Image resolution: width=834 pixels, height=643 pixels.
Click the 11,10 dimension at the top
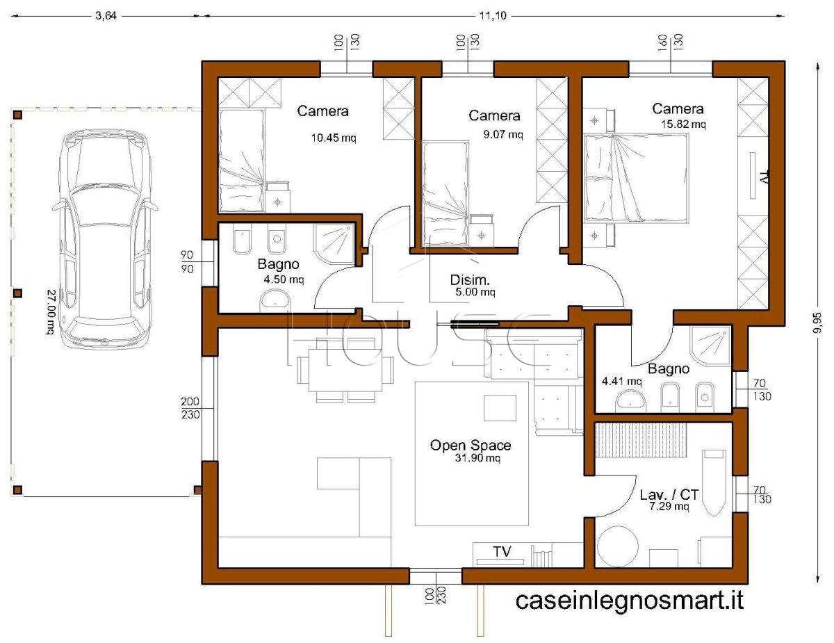coord(493,16)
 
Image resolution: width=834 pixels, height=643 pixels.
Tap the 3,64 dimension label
coord(106,16)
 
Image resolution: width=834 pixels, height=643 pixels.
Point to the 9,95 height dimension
coord(817,323)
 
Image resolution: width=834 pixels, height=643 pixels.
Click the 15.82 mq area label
coord(683,124)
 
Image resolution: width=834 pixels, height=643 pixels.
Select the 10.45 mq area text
coord(334,138)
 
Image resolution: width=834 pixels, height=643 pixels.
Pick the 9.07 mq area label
coord(502,134)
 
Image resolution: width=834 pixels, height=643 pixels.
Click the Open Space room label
coord(471,446)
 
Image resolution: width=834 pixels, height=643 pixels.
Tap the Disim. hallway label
coord(470,279)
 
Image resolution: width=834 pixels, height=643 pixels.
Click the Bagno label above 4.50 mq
coord(278,264)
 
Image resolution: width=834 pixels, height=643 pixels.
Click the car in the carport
coord(105,238)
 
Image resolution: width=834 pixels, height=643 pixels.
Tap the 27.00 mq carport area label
coord(51,311)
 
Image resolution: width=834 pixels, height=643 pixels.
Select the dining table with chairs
coord(345,370)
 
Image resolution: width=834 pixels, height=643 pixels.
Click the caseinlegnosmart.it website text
coord(630,600)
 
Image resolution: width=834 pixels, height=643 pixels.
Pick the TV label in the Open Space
coord(502,552)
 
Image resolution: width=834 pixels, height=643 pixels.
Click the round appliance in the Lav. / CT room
coord(618,546)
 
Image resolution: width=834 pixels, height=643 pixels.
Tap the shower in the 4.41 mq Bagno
coord(710,347)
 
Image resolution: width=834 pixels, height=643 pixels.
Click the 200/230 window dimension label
coord(190,408)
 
